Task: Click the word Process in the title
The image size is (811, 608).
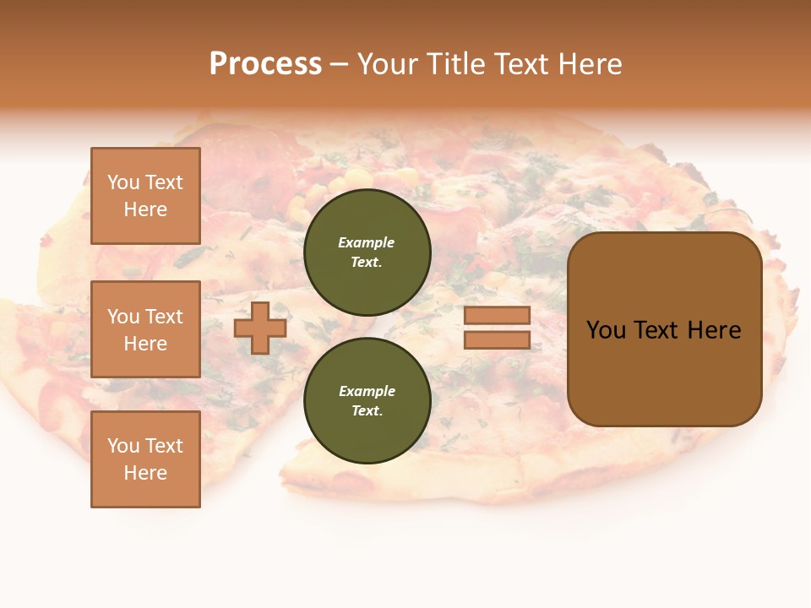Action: click(x=265, y=64)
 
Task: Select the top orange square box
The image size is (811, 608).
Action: click(x=145, y=196)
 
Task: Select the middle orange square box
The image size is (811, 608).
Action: click(x=145, y=329)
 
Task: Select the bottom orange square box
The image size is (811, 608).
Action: click(x=145, y=459)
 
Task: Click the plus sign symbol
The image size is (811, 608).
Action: click(x=260, y=328)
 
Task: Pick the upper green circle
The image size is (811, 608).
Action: click(x=367, y=252)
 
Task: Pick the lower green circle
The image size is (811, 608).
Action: click(x=367, y=400)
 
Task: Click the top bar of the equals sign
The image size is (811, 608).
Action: click(x=497, y=315)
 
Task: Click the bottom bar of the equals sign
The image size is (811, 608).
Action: click(x=497, y=339)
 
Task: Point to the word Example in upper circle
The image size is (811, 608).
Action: click(x=367, y=242)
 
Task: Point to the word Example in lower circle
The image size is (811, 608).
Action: click(x=367, y=391)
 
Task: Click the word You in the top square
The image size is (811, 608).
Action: click(x=123, y=182)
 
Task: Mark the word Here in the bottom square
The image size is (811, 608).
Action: click(x=145, y=473)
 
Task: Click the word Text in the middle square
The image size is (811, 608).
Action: click(x=164, y=317)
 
